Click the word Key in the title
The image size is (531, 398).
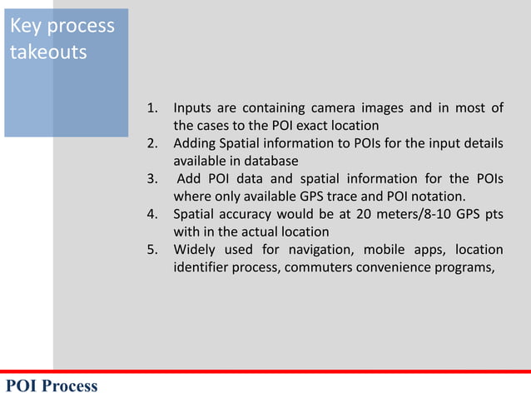pos(24,26)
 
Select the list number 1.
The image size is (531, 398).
pos(152,108)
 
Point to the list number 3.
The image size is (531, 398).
pos(152,179)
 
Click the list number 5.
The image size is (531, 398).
pos(152,250)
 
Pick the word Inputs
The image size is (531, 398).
pos(193,108)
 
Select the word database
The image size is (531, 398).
pos(269,161)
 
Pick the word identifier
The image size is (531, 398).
pos(202,267)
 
